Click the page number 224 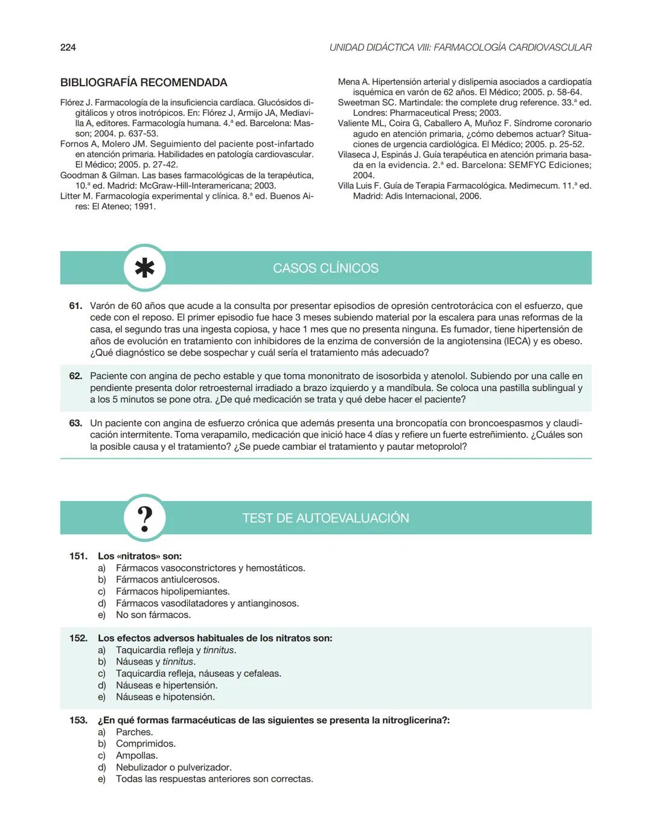click(x=68, y=48)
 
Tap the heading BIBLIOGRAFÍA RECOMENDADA click(x=144, y=83)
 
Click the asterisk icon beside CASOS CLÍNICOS click(x=144, y=267)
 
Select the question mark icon click(x=144, y=518)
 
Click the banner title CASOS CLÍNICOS click(x=325, y=268)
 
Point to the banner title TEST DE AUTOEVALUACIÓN click(x=325, y=518)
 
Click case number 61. click(x=75, y=306)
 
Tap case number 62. click(x=75, y=376)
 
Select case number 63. click(x=75, y=423)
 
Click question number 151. click(x=78, y=556)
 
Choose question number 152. click(x=78, y=638)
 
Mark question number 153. click(x=78, y=720)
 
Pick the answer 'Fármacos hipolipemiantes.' click(x=173, y=592)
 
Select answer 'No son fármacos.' click(x=153, y=615)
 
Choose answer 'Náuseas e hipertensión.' click(x=167, y=685)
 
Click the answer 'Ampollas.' click(x=137, y=756)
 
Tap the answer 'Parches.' click(x=135, y=732)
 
